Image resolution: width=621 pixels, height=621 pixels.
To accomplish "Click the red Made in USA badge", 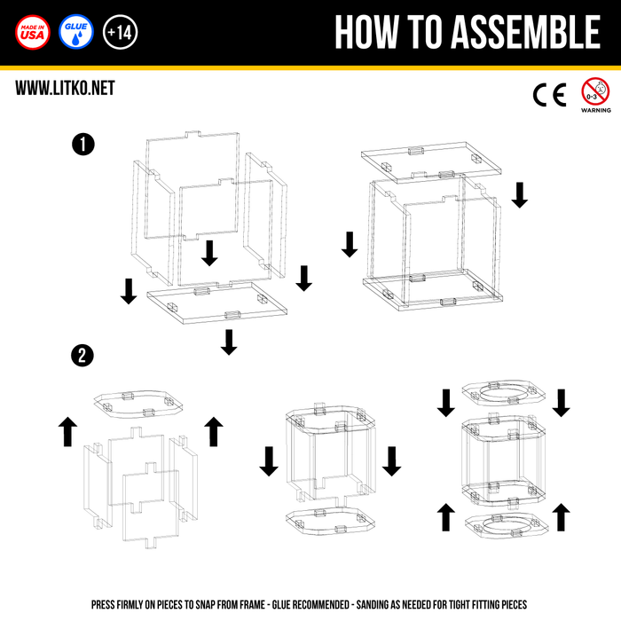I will [33, 32].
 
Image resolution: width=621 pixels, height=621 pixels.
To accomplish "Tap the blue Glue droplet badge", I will [75, 32].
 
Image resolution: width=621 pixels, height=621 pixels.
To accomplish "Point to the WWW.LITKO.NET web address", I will [65, 88].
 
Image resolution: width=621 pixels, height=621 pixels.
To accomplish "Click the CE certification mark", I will [548, 94].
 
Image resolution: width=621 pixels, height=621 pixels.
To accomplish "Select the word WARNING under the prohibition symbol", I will [595, 111].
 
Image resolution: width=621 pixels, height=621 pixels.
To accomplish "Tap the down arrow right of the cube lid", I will [520, 195].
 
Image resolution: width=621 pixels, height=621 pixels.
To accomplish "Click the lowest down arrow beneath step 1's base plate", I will [229, 342].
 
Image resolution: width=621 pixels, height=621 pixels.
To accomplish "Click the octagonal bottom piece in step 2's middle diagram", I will [326, 520].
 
